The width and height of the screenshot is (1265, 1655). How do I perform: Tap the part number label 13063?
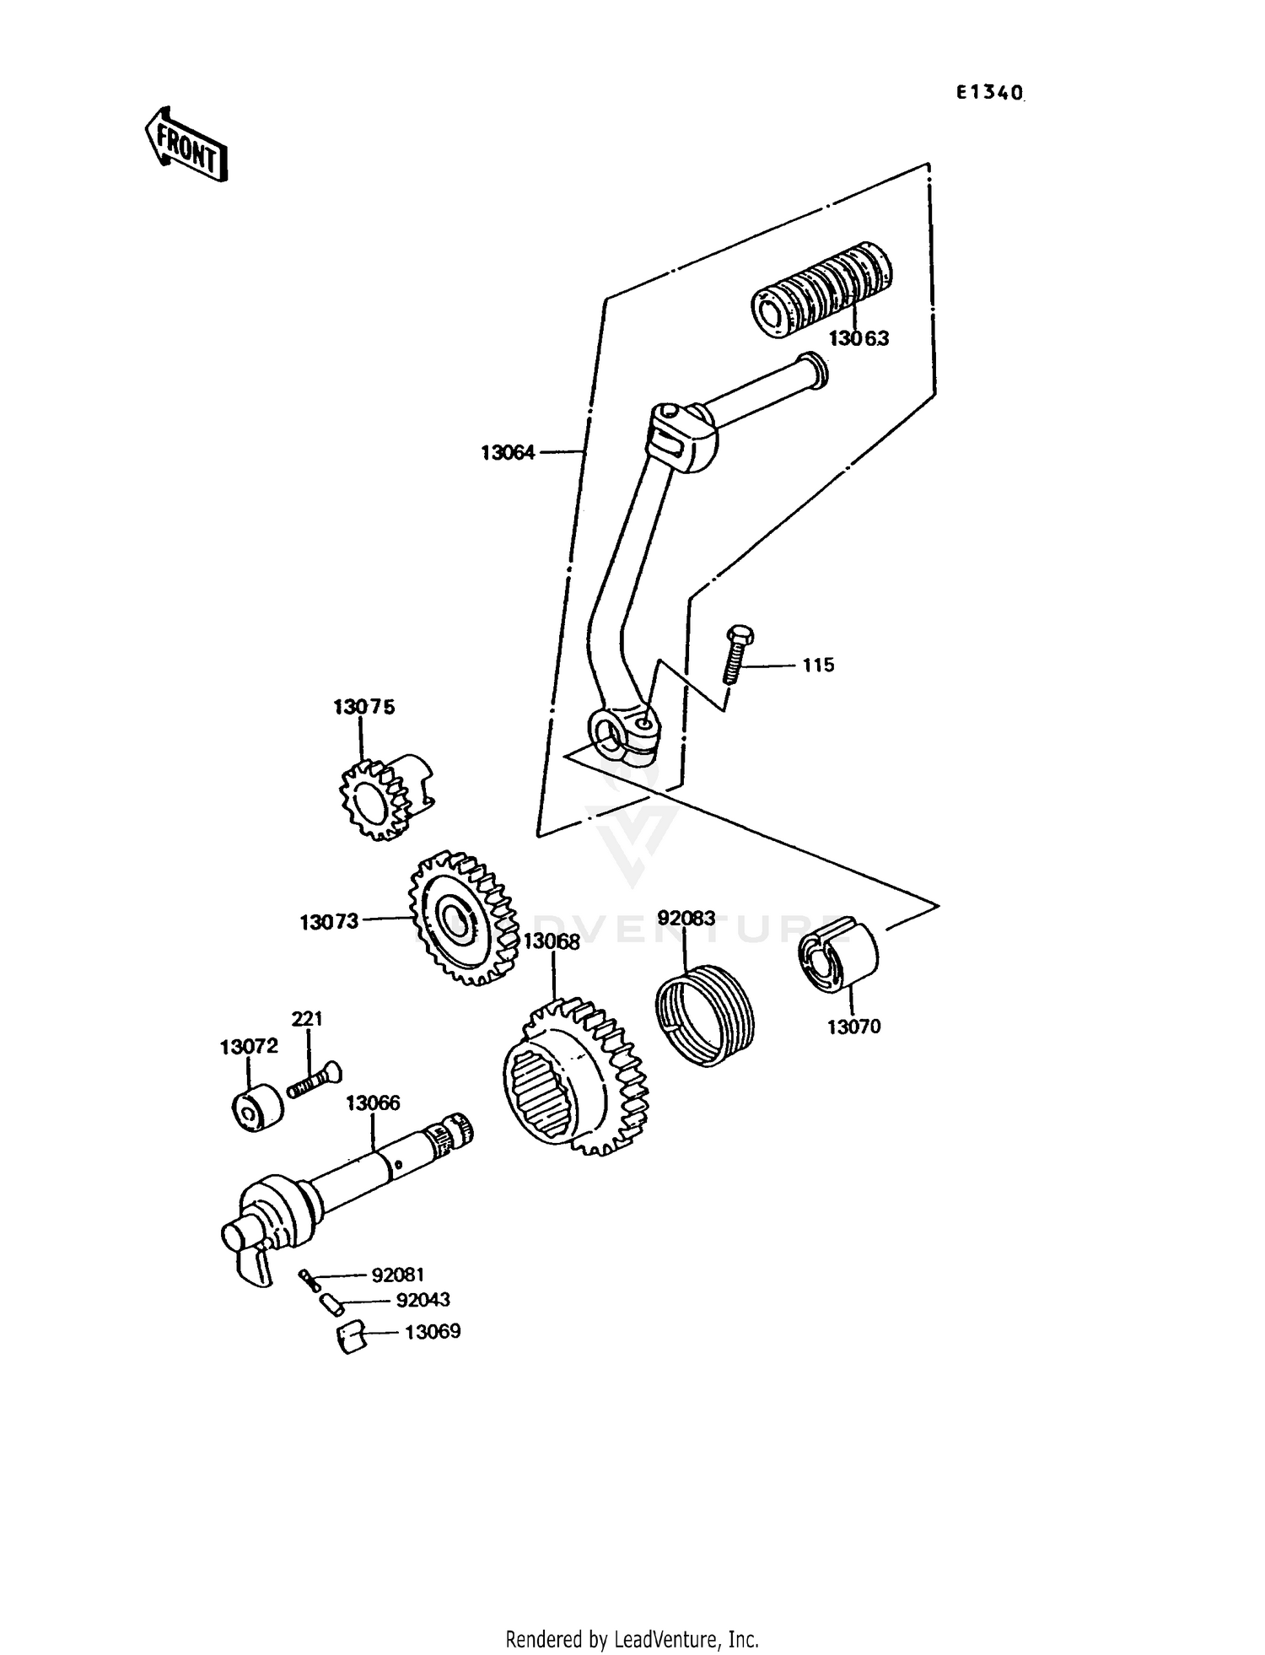pyautogui.click(x=859, y=339)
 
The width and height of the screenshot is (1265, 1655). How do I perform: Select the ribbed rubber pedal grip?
pyautogui.click(x=821, y=289)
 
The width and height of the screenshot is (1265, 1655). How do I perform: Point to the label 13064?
pyautogui.click(x=508, y=453)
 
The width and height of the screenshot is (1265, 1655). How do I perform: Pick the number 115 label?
pyautogui.click(x=817, y=666)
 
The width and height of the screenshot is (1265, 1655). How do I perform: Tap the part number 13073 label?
pyautogui.click(x=329, y=923)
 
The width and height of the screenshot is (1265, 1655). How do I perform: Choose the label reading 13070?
pyautogui.click(x=853, y=1027)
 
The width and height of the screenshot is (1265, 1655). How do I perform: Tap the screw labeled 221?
pyautogui.click(x=314, y=1081)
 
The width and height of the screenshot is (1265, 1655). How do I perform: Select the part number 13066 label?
pyautogui.click(x=373, y=1103)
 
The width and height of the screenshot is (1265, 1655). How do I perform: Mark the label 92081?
pyautogui.click(x=398, y=1275)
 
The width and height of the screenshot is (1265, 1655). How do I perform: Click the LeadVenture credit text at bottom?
pyautogui.click(x=632, y=1639)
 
